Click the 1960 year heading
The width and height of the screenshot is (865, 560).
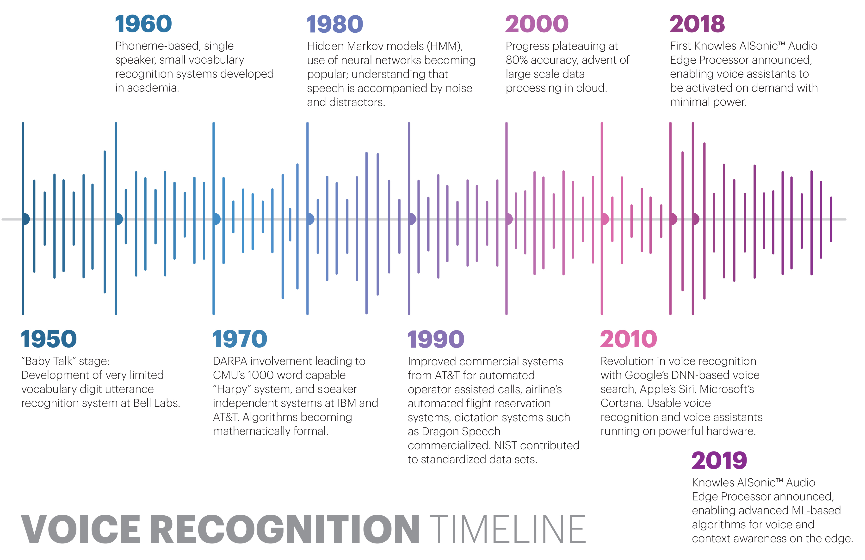coord(143,24)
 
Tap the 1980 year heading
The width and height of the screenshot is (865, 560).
coord(335,24)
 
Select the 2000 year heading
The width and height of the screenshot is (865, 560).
coord(537,24)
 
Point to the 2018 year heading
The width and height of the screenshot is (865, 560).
coord(697,24)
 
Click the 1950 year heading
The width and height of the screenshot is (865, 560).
coord(49,339)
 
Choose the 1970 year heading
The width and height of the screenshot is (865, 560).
coord(240,339)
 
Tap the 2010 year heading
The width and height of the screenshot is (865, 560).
coord(628,339)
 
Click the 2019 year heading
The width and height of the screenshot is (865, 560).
coord(719,460)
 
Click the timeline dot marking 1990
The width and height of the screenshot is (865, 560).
coord(412,219)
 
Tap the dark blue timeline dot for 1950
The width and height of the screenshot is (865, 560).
coord(25,219)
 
